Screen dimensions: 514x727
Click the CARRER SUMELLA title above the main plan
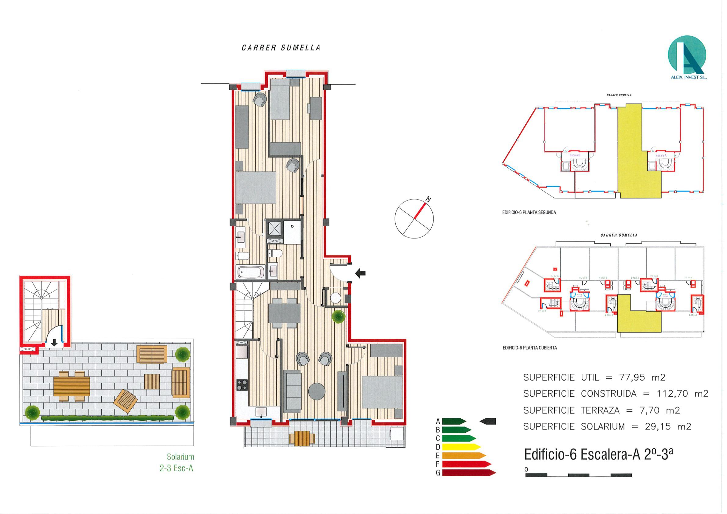click(281, 48)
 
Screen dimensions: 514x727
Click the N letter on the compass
click(428, 199)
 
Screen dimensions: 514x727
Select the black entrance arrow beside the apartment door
click(360, 273)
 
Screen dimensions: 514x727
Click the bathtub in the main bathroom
click(251, 272)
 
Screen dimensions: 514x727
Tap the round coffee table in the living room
click(317, 392)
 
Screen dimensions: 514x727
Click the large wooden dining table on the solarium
click(71, 386)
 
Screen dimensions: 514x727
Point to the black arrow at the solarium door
click(54, 342)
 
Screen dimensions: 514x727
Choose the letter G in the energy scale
click(438, 473)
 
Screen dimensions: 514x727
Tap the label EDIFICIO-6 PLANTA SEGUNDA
click(529, 213)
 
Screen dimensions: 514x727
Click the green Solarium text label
click(180, 457)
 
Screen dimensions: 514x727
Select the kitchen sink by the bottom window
click(261, 412)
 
